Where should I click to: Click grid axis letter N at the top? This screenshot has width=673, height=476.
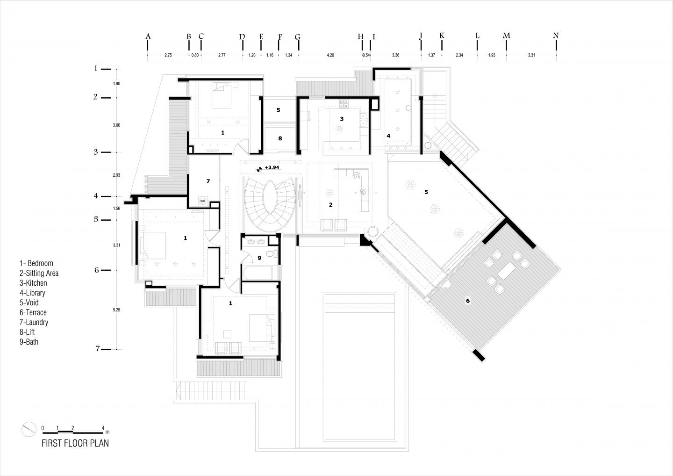[556, 36]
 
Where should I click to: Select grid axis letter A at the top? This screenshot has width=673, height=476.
[148, 36]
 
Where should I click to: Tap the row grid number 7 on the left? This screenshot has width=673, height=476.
[98, 348]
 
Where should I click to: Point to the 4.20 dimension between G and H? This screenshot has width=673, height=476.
[330, 55]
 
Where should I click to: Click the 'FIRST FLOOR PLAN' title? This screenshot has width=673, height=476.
[75, 443]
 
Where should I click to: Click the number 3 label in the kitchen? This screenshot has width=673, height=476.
[342, 119]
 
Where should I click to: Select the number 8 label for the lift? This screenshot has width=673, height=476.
[280, 138]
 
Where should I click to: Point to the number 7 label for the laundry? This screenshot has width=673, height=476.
[208, 181]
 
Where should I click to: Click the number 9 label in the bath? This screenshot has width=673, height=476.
[259, 258]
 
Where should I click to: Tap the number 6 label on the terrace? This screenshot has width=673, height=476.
[468, 301]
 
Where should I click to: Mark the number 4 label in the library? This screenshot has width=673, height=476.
[388, 136]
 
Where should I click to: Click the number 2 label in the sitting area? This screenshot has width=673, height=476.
[330, 204]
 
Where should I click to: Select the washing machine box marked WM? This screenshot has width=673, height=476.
[203, 201]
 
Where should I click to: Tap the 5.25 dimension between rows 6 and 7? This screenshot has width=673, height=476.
[117, 310]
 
